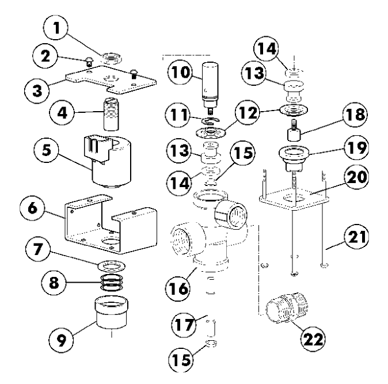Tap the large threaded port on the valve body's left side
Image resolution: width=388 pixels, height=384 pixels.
[187, 238]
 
